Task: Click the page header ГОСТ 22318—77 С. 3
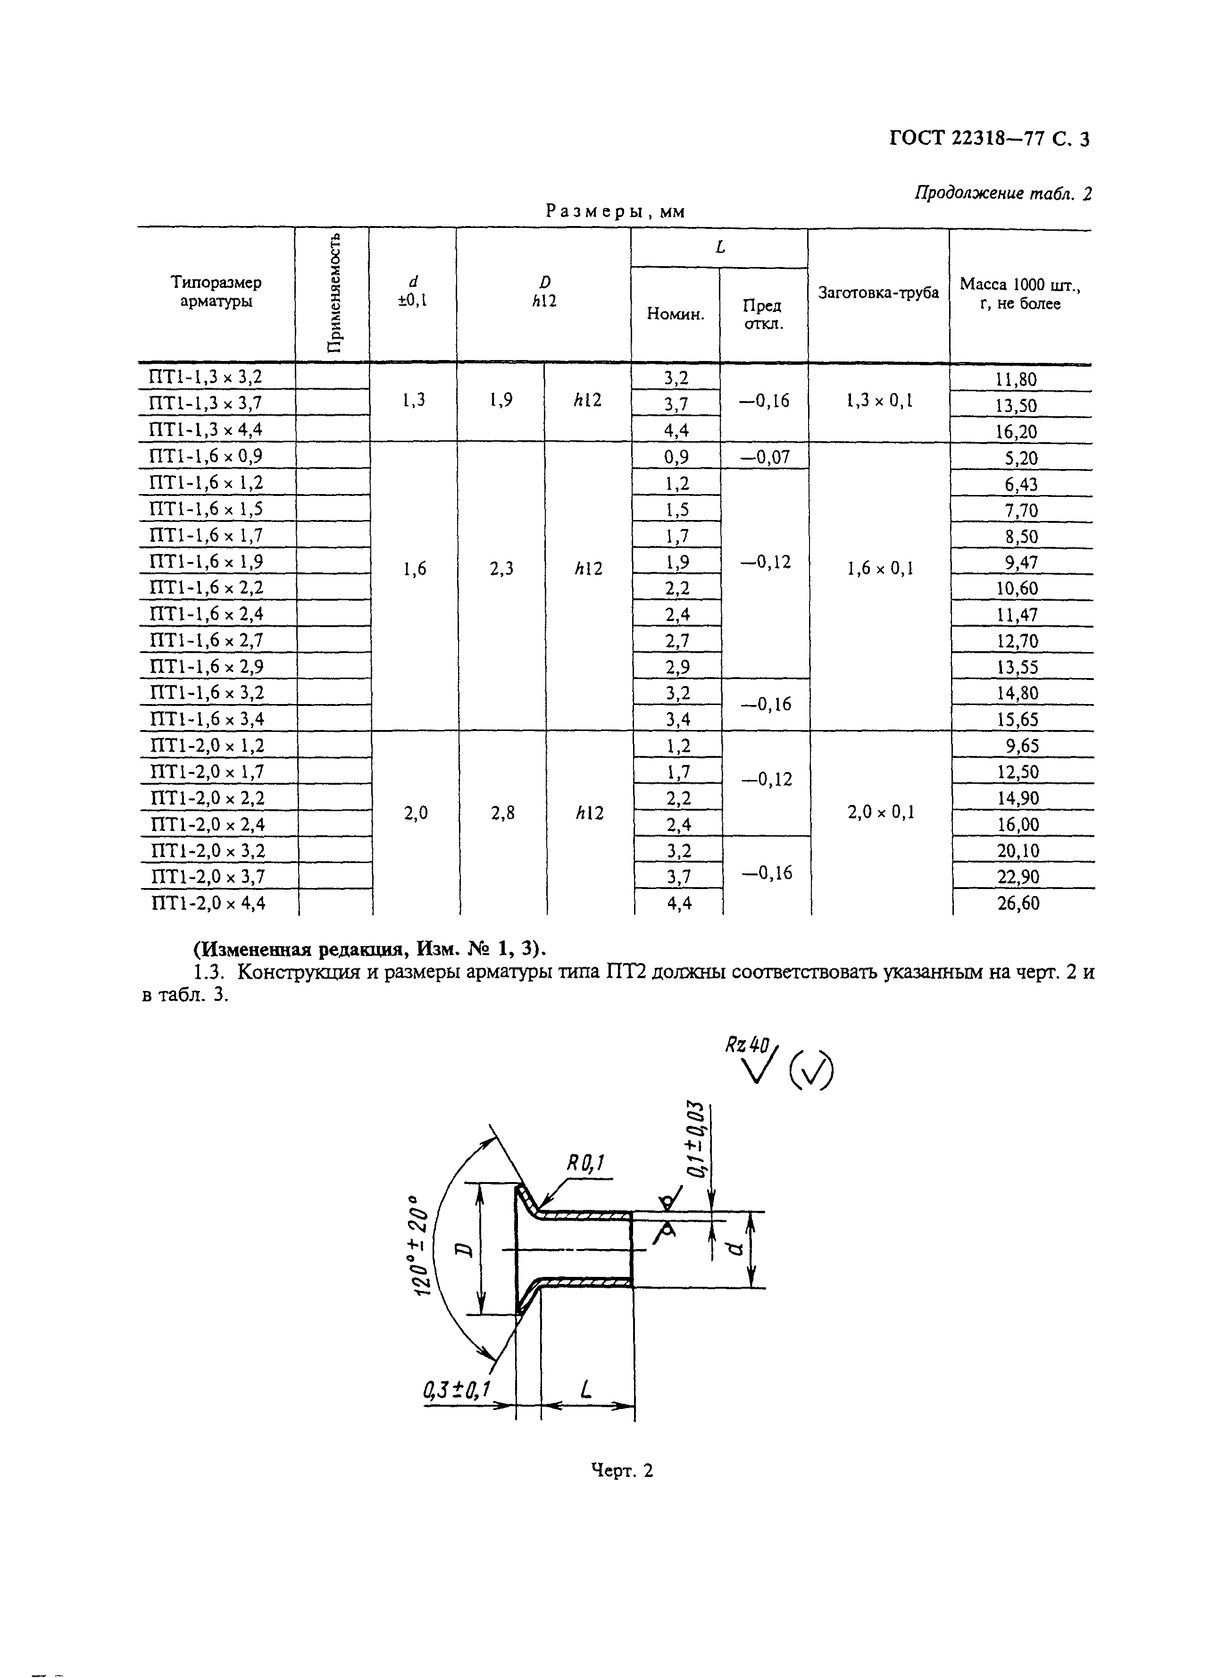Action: coord(989,139)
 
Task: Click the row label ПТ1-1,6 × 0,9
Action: coord(206,456)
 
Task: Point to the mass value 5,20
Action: coord(1021,459)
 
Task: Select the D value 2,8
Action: coord(502,813)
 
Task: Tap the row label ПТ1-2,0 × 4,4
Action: coord(208,903)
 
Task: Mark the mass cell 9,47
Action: coord(1021,563)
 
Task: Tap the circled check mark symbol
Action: coord(810,1071)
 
